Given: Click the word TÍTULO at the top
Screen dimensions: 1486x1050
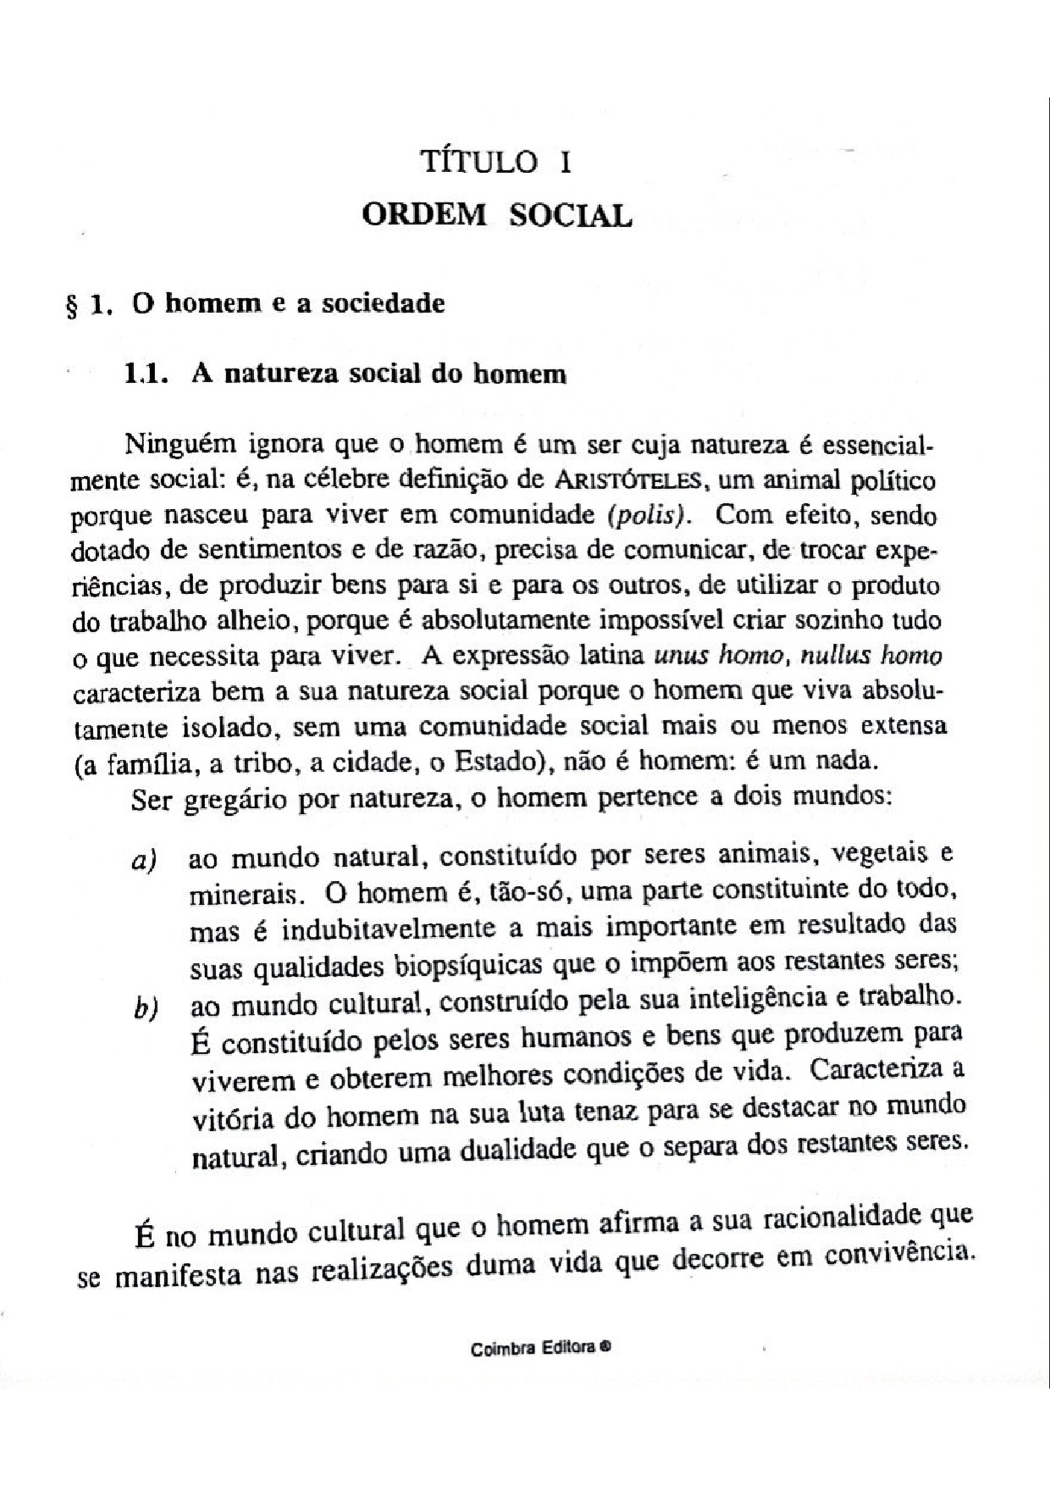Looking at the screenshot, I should (x=479, y=162).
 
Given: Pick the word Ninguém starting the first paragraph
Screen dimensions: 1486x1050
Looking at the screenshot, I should (x=178, y=444).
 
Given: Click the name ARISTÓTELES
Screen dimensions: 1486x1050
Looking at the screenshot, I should (x=627, y=480).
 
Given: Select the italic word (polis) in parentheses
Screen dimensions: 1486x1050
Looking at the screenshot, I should (x=649, y=515).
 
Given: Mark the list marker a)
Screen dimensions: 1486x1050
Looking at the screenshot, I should (x=144, y=862).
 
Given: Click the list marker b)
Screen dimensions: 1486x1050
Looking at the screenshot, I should (x=146, y=1009).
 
